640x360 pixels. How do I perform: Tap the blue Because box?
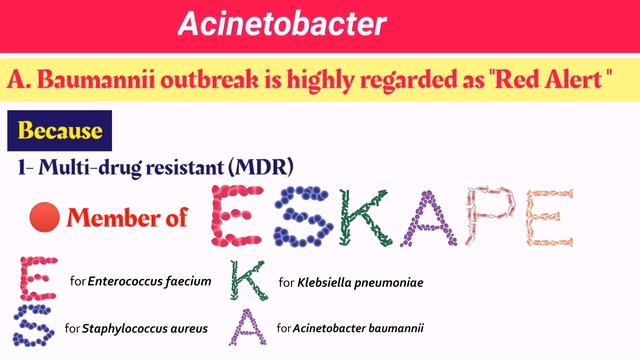click(59, 132)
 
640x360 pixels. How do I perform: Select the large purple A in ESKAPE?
click(432, 217)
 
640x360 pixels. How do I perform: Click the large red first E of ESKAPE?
click(239, 217)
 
